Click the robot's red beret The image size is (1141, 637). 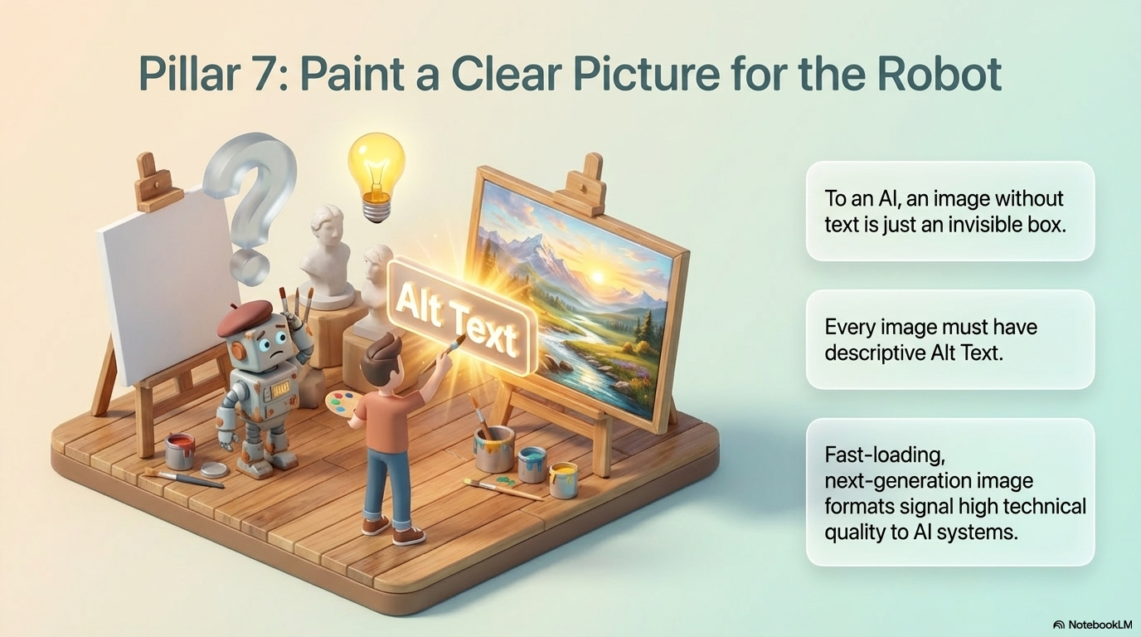tap(245, 317)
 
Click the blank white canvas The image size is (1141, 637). tap(166, 282)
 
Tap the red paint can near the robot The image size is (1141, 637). tap(179, 451)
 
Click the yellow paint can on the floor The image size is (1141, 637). tap(563, 479)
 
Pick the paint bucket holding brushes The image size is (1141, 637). tap(494, 447)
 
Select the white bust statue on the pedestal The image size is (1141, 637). tap(328, 245)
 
